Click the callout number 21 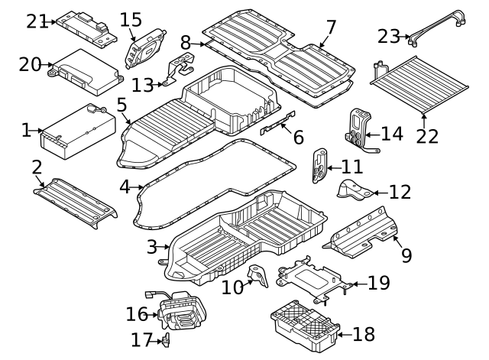[x=37, y=21]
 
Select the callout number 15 [x=131, y=18]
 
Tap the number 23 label [x=389, y=35]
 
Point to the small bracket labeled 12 [x=354, y=190]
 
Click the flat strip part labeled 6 [x=278, y=122]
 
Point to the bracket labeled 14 [x=359, y=129]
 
